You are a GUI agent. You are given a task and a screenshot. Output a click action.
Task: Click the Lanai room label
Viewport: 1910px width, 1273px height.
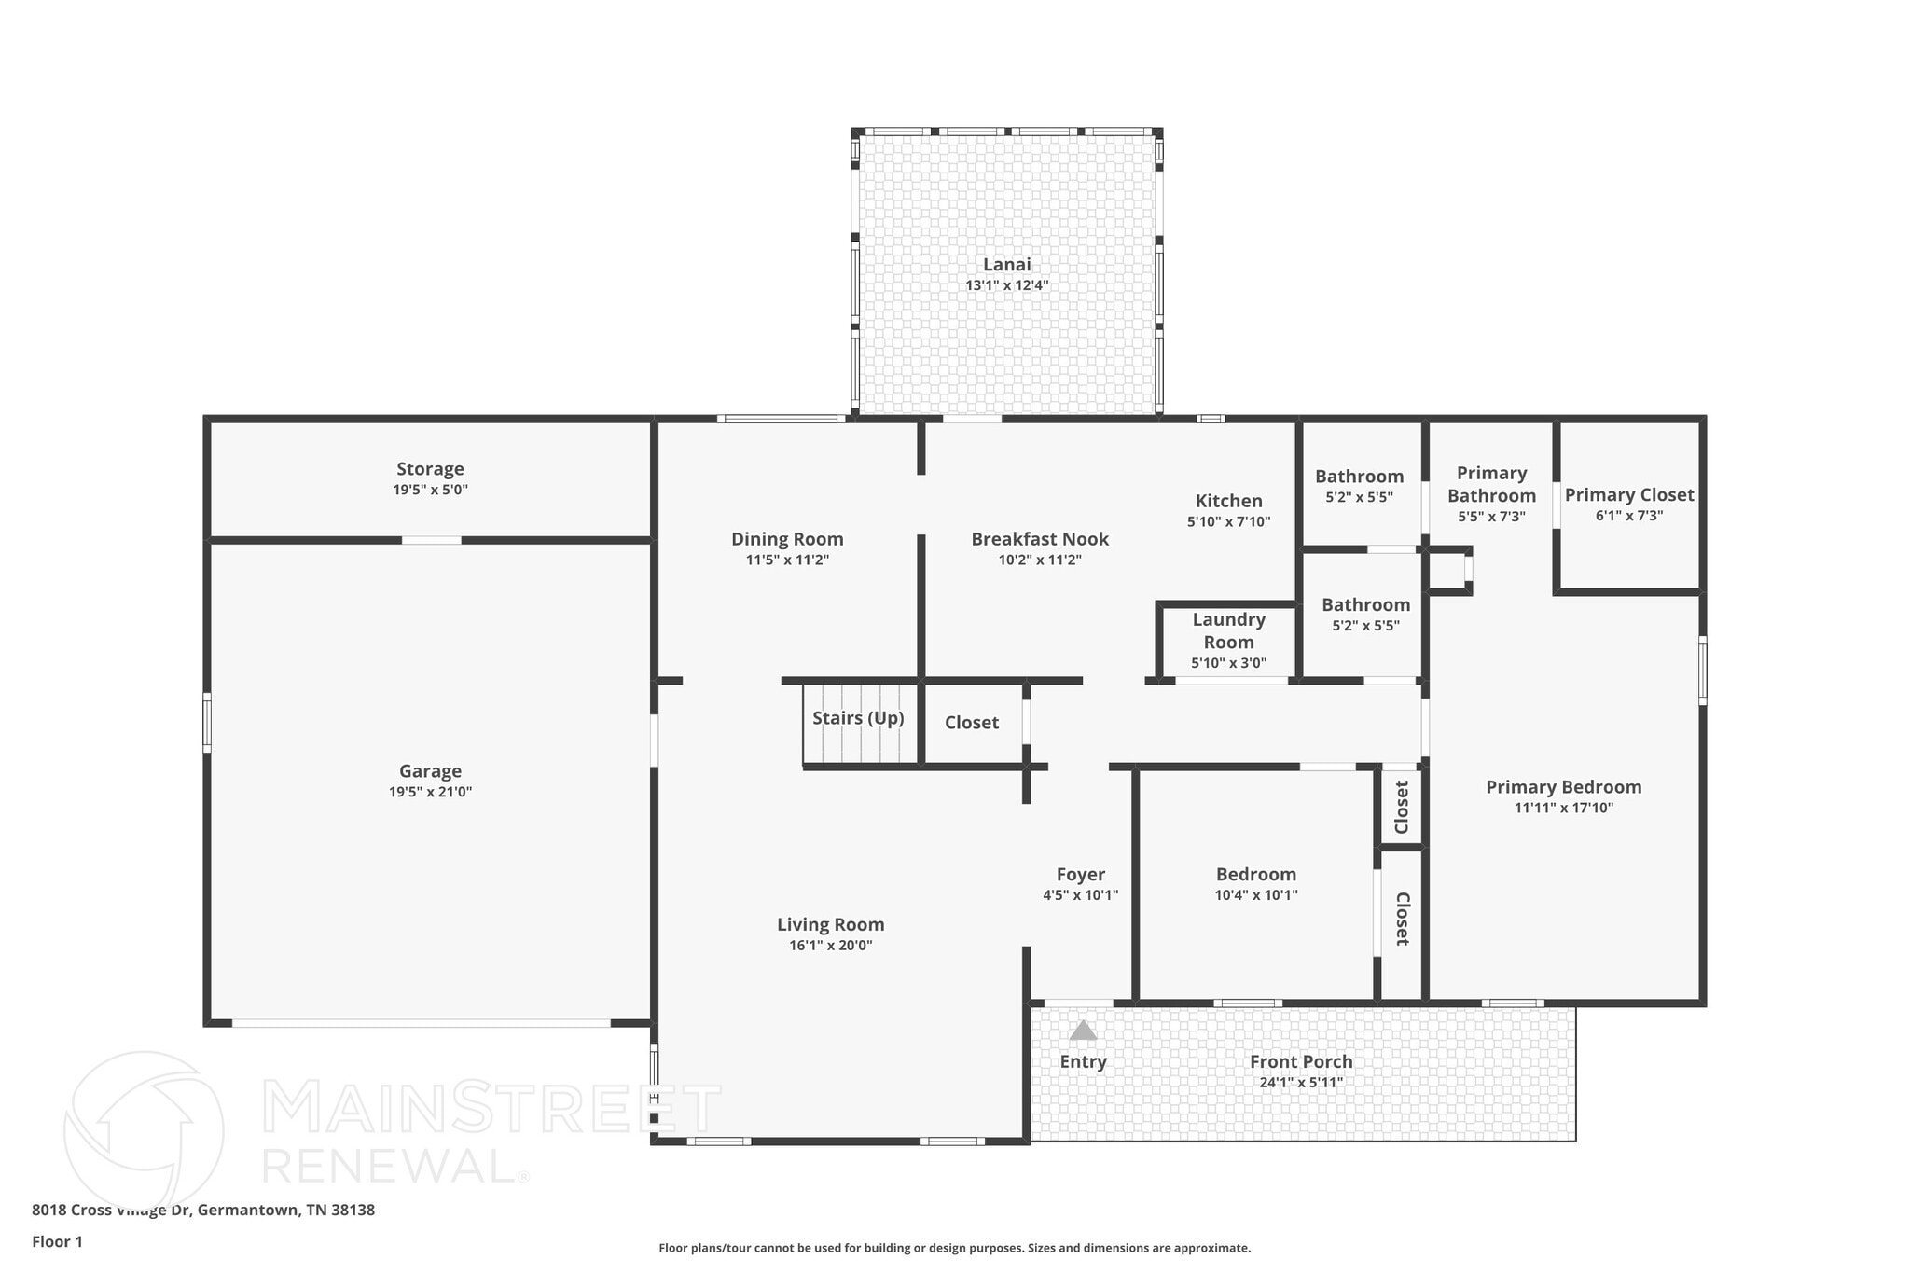coord(1006,265)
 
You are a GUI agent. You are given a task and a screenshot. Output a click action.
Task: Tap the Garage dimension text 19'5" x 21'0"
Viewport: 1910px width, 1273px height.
coord(430,792)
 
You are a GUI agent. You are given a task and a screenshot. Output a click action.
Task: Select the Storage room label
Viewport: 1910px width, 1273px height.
coord(430,469)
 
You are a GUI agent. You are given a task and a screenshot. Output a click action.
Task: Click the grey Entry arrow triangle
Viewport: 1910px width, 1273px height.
coord(1083,1031)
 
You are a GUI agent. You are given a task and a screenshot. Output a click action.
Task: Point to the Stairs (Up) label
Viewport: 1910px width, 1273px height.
coord(858,718)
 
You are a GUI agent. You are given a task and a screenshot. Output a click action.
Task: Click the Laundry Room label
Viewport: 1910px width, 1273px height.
coord(1228,630)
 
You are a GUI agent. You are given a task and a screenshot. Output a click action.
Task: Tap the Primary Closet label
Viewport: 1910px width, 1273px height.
coord(1628,495)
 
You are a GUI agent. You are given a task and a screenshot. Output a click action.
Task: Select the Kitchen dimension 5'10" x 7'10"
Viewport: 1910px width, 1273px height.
coord(1228,522)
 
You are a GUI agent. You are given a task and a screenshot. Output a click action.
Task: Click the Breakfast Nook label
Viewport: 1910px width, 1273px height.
coord(1040,539)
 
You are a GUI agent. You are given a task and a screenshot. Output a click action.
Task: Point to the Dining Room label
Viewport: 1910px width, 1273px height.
coord(787,539)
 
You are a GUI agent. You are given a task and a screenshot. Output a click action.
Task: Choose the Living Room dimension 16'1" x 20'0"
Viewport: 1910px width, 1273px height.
coord(830,945)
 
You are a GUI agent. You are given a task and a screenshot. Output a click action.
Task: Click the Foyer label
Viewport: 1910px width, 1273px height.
coord(1080,874)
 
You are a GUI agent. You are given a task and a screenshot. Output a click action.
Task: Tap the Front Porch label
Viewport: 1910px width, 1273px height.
coord(1301,1061)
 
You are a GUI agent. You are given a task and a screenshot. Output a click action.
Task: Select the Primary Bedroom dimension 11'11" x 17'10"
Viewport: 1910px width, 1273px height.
coord(1563,808)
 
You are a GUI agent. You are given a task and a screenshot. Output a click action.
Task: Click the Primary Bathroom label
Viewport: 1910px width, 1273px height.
coord(1491,485)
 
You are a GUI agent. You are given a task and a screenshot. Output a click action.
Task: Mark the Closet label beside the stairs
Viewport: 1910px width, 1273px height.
coord(971,723)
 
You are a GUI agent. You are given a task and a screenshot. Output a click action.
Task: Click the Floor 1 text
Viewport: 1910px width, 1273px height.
coord(58,1241)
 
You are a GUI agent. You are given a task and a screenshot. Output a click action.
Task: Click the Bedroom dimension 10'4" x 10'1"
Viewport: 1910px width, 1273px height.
coord(1255,895)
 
